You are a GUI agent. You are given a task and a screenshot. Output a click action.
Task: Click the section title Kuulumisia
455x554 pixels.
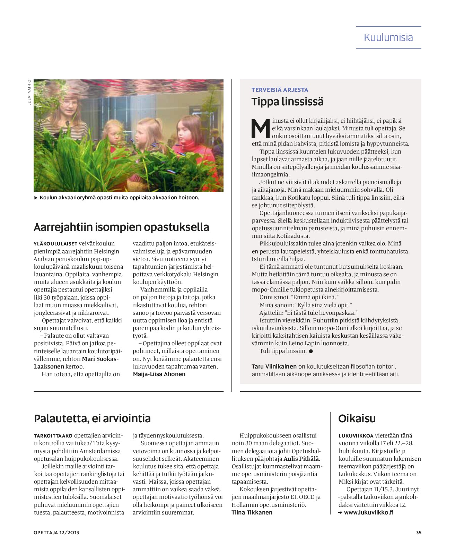[x=388, y=37]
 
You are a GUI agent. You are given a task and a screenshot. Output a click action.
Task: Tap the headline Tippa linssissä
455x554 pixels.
[x=287, y=102]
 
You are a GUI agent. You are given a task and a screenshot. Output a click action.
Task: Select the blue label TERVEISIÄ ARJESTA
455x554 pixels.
[x=280, y=90]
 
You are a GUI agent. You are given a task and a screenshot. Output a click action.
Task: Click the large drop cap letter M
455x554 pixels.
[x=261, y=128]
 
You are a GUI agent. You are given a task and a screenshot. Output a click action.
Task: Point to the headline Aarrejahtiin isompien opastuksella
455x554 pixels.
[x=121, y=227]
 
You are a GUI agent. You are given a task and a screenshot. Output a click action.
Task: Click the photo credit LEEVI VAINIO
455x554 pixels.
[x=29, y=92]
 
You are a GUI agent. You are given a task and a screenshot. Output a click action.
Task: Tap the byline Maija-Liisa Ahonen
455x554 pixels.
[x=159, y=374]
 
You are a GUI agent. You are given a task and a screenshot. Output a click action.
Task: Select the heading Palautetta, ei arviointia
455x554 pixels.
[x=92, y=418]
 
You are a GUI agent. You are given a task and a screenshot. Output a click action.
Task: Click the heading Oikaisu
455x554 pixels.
[x=357, y=418]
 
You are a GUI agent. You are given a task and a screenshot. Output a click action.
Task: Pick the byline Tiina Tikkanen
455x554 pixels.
[x=252, y=512]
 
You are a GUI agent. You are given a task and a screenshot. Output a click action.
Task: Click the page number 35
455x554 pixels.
[x=419, y=533]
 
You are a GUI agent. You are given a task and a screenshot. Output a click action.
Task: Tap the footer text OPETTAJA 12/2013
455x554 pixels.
[x=56, y=533]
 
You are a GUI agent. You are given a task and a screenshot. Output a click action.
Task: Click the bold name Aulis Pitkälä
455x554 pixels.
[x=301, y=459]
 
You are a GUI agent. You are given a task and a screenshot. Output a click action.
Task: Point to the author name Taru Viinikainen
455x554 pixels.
[x=274, y=366]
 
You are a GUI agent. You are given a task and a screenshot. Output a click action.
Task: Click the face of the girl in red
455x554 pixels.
[x=188, y=130]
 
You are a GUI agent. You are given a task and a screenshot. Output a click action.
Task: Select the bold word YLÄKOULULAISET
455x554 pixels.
[x=55, y=244]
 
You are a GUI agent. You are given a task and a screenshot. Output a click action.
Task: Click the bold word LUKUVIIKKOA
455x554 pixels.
[x=356, y=436]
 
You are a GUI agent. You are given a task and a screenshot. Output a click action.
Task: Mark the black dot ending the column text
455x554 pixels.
[x=311, y=351]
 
